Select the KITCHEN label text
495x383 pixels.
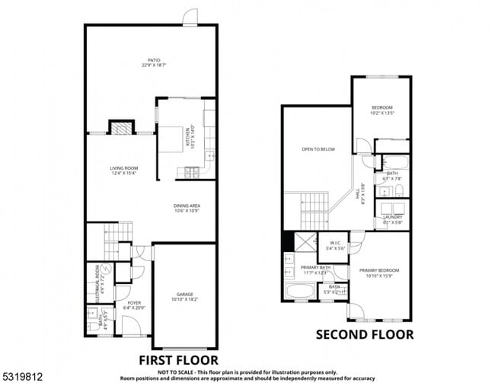[x=183, y=137]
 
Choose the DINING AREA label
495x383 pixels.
[x=187, y=207]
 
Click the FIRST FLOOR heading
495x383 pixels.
[x=178, y=359]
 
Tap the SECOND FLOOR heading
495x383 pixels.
[x=365, y=334]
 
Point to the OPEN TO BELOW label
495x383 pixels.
[x=318, y=149]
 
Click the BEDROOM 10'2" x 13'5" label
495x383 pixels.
[x=382, y=110]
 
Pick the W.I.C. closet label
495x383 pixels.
[x=336, y=246]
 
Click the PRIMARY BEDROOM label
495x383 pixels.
[x=380, y=273]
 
